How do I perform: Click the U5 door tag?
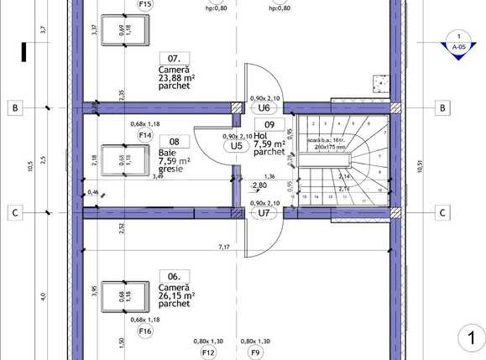pyautogui.click(x=238, y=146)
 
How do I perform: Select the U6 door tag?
pyautogui.click(x=264, y=108)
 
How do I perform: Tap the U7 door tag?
pyautogui.click(x=264, y=213)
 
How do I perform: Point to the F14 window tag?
pyautogui.click(x=145, y=135)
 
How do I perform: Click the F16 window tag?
pyautogui.click(x=145, y=331)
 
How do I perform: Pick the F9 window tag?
pyautogui.click(x=256, y=353)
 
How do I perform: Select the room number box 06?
pyautogui.click(x=174, y=275)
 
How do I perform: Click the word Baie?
pyautogui.click(x=167, y=153)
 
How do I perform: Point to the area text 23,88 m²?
pyautogui.click(x=176, y=80)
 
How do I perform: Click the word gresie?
pyautogui.click(x=170, y=170)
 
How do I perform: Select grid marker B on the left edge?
pyautogui.click(x=13, y=108)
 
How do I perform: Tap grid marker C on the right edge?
pyautogui.click(x=442, y=213)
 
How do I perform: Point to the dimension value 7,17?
pyautogui.click(x=225, y=247)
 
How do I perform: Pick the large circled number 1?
pyautogui.click(x=471, y=338)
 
